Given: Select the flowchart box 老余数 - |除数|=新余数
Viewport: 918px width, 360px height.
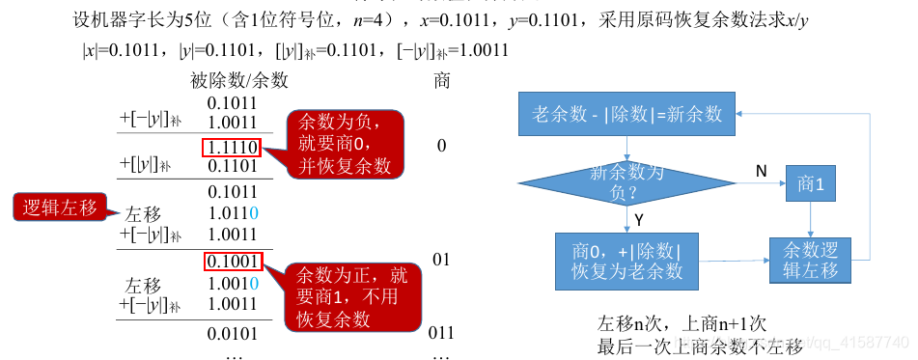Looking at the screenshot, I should point(626,114).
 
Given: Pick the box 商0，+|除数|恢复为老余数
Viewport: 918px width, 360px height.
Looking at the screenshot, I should point(626,261).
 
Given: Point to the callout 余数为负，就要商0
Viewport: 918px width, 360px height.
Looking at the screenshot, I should point(345,144).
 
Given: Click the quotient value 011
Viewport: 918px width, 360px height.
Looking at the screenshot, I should point(441,334).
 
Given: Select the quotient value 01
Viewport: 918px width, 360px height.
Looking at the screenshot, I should point(441,261).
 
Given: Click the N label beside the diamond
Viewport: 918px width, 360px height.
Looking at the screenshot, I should point(761,170).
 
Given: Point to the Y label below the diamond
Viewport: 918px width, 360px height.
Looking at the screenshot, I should point(639,221).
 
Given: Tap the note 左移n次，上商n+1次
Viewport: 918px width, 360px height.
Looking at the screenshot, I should point(682,323).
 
